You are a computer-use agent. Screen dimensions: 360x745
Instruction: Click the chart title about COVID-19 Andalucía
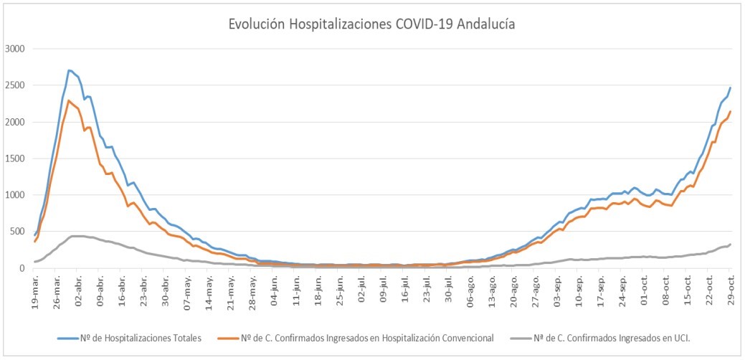point(371,24)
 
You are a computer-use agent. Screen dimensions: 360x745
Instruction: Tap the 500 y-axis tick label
point(18,232)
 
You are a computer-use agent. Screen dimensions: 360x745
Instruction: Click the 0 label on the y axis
point(24,268)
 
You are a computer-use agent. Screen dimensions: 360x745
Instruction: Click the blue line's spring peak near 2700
point(69,70)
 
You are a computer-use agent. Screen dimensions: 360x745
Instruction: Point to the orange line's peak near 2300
point(69,100)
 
